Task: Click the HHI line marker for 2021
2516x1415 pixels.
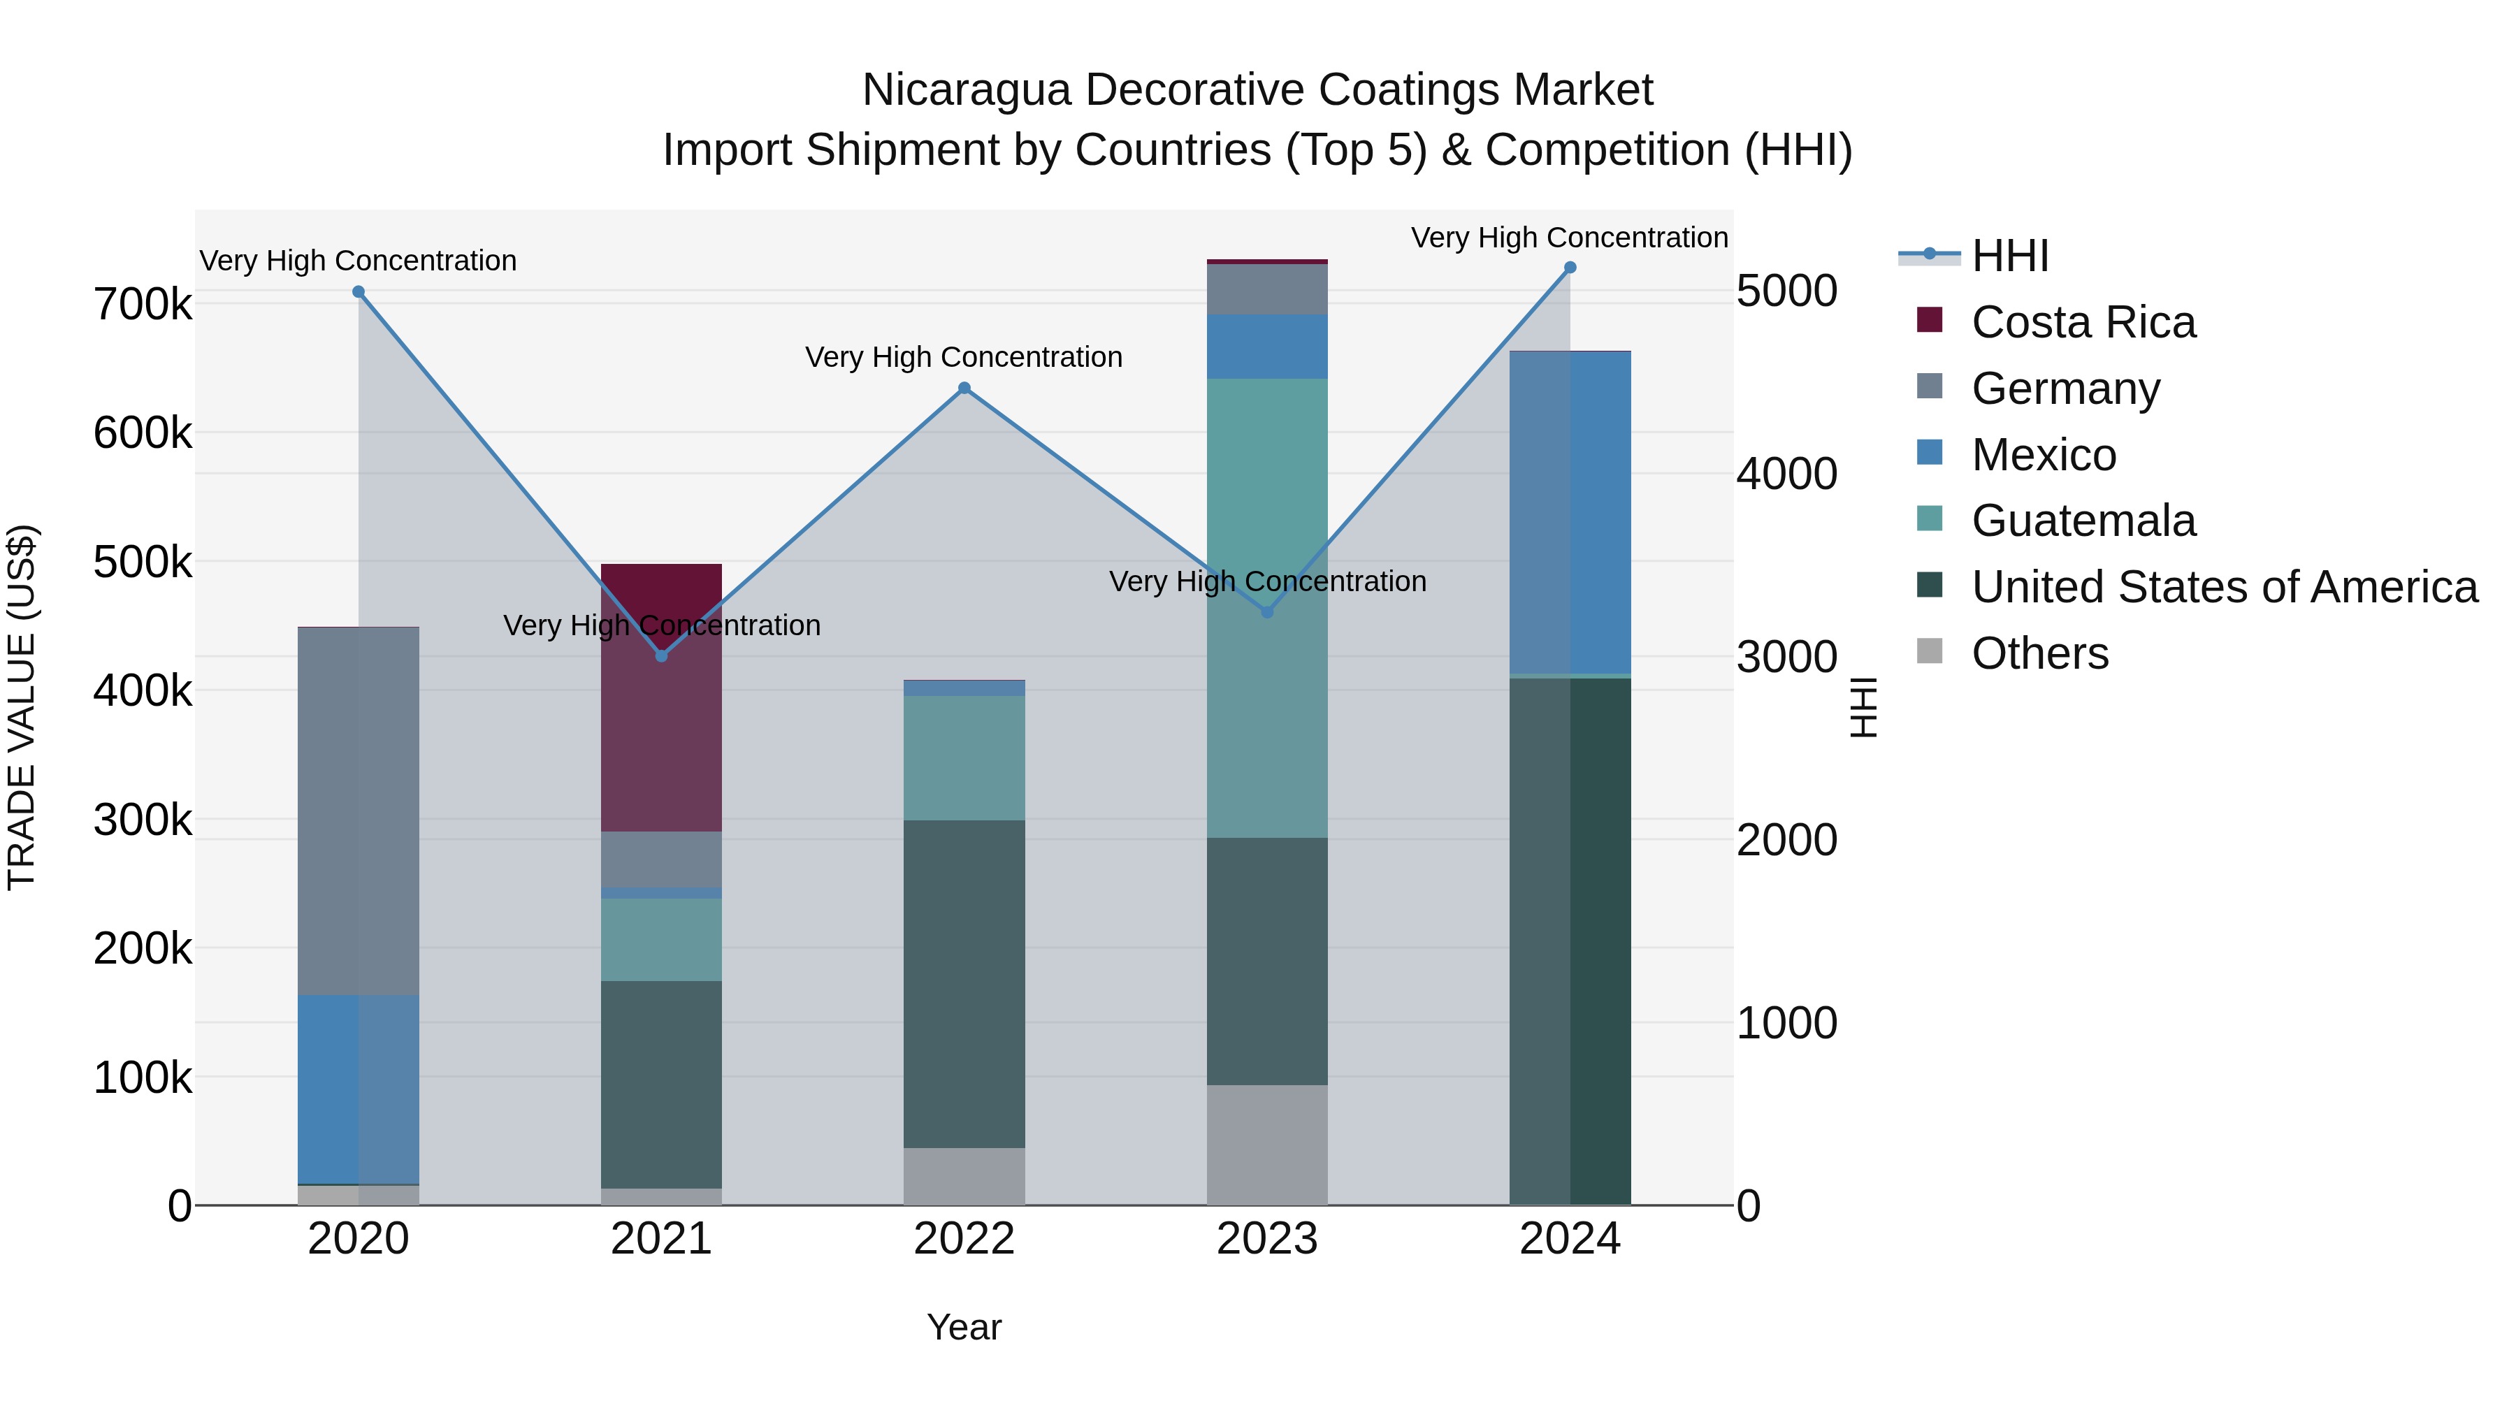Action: click(x=661, y=655)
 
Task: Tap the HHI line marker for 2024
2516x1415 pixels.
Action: click(x=1570, y=268)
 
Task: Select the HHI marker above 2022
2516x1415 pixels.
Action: click(x=964, y=389)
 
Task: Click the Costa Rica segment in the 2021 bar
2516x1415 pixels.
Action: click(x=661, y=723)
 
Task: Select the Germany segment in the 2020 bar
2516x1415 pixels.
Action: click(x=359, y=811)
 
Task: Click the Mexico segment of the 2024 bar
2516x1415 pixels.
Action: click(x=1570, y=513)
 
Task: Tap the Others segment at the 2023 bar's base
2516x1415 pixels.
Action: click(x=1267, y=1145)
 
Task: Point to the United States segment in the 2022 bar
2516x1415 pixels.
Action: click(x=964, y=983)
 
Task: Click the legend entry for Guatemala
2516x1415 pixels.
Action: click(x=2083, y=521)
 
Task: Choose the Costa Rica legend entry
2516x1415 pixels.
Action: click(x=2083, y=322)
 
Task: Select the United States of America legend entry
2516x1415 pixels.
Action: click(x=2224, y=587)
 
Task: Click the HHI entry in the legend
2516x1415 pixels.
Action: click(x=2009, y=256)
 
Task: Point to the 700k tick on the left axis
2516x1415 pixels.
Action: click(x=143, y=305)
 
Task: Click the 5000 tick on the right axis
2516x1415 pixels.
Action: click(x=1786, y=291)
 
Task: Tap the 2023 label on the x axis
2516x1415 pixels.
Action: click(x=1267, y=1239)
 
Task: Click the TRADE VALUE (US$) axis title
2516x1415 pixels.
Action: click(x=22, y=707)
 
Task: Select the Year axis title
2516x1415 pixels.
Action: click(x=964, y=1327)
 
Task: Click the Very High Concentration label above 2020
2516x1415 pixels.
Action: click(x=359, y=261)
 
